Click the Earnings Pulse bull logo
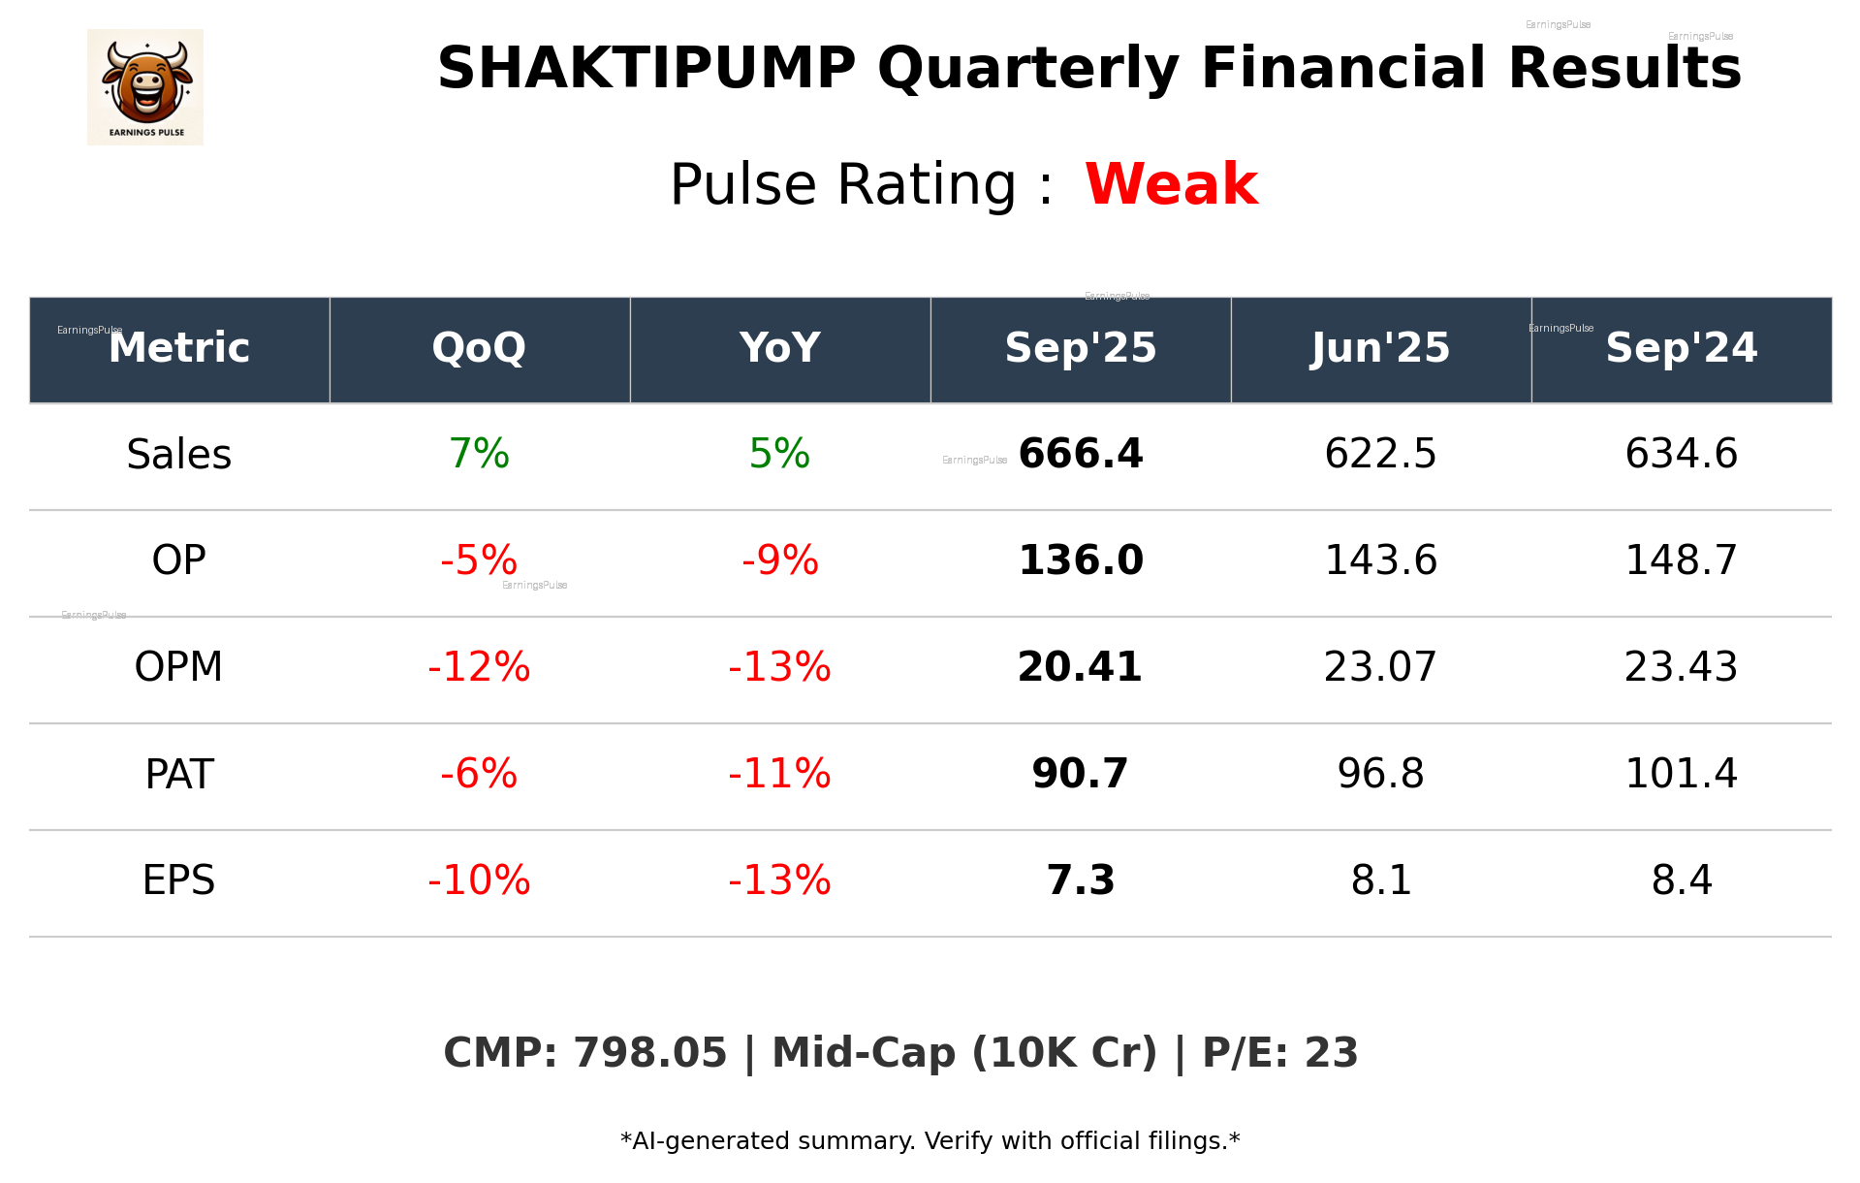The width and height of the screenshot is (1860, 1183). [x=145, y=87]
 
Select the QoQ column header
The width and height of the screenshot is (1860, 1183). [x=479, y=348]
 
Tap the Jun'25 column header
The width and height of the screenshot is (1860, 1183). [x=1380, y=348]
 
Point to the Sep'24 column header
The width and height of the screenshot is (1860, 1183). [x=1681, y=348]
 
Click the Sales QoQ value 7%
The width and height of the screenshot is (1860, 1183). [x=479, y=454]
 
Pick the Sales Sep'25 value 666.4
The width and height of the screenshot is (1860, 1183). [x=1081, y=454]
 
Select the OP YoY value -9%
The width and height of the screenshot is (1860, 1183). [x=779, y=560]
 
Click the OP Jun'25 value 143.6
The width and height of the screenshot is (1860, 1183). [x=1380, y=560]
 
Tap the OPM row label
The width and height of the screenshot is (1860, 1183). [x=178, y=667]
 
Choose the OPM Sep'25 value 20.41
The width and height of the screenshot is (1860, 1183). [x=1080, y=667]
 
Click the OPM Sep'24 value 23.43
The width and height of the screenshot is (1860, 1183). [x=1681, y=667]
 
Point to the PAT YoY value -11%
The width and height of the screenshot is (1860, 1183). [x=779, y=774]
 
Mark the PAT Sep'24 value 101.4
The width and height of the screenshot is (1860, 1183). [x=1681, y=774]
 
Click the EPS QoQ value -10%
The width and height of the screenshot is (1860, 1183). [x=479, y=880]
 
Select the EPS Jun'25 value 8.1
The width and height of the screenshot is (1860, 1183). [x=1380, y=880]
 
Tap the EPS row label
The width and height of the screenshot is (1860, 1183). [x=178, y=880]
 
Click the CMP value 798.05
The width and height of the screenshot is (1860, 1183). [x=649, y=1053]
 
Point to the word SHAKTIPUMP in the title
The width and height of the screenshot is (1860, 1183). [x=646, y=69]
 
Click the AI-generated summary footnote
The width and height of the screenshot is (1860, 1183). [x=930, y=1141]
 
